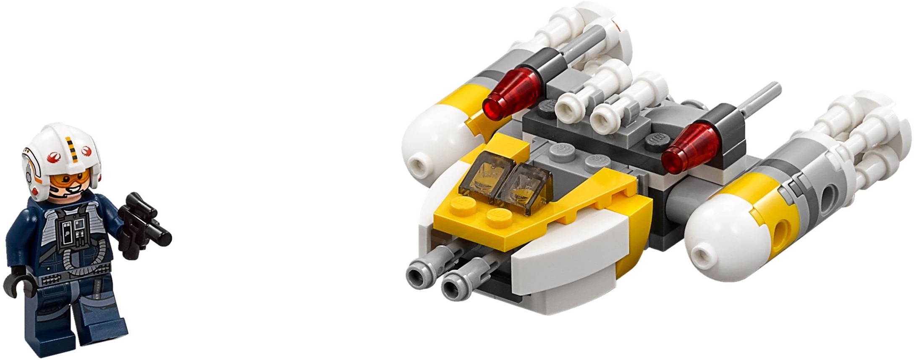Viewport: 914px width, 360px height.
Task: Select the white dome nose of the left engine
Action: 424,145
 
